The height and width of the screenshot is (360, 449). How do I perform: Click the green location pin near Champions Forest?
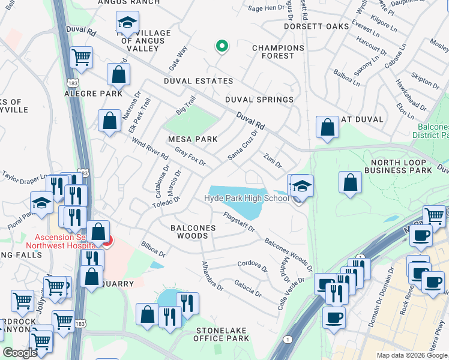221,46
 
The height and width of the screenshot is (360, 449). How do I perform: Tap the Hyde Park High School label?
246,199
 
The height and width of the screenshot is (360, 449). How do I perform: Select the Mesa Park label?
192,139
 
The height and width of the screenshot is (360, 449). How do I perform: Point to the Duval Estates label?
198,81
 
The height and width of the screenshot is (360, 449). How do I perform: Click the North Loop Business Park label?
402,167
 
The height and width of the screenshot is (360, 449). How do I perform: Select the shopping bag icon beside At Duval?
327,127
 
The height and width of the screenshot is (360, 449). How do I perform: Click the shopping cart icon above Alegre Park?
81,58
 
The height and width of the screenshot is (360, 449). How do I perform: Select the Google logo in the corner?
20,353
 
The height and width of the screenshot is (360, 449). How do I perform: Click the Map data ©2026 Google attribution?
411,355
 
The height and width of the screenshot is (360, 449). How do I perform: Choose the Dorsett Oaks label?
325,27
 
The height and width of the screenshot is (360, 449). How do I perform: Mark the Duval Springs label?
259,100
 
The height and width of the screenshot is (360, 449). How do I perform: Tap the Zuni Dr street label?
273,160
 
